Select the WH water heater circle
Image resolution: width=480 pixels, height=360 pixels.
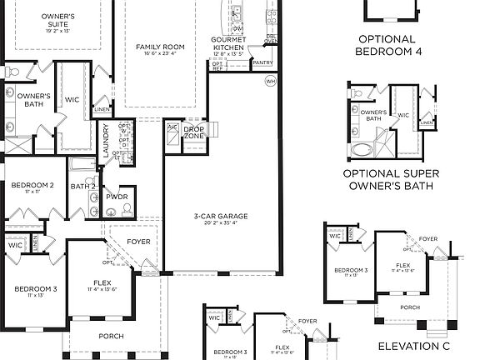(270, 81)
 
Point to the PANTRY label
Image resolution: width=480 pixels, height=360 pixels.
(262, 62)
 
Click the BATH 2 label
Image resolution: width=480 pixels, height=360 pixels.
(83, 186)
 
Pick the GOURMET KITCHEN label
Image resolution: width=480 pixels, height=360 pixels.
(227, 43)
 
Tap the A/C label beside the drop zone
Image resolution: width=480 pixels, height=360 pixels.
(172, 127)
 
